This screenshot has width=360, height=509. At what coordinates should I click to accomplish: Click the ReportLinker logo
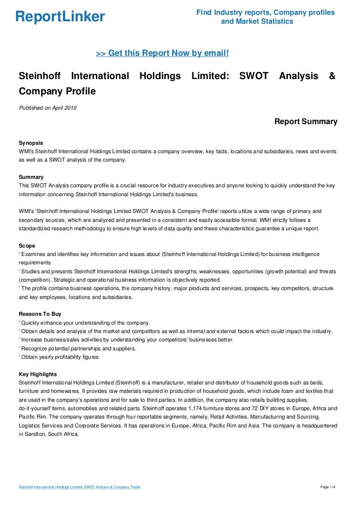click(60, 17)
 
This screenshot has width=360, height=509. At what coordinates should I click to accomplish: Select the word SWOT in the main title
click(254, 76)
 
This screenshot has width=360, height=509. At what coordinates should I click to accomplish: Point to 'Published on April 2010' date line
click(47, 108)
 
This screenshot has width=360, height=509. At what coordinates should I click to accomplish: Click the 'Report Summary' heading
click(306, 122)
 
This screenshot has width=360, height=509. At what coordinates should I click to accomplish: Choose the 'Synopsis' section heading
click(31, 142)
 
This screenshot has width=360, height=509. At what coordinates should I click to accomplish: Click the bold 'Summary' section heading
click(31, 176)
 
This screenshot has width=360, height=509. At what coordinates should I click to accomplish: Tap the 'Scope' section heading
click(27, 245)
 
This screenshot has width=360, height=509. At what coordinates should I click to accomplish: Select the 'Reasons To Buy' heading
click(40, 314)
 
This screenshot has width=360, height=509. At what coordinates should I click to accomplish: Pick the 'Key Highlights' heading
click(38, 374)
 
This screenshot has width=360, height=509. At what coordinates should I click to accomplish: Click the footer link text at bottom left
click(79, 488)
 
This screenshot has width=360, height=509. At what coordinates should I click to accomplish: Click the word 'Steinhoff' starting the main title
click(40, 76)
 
